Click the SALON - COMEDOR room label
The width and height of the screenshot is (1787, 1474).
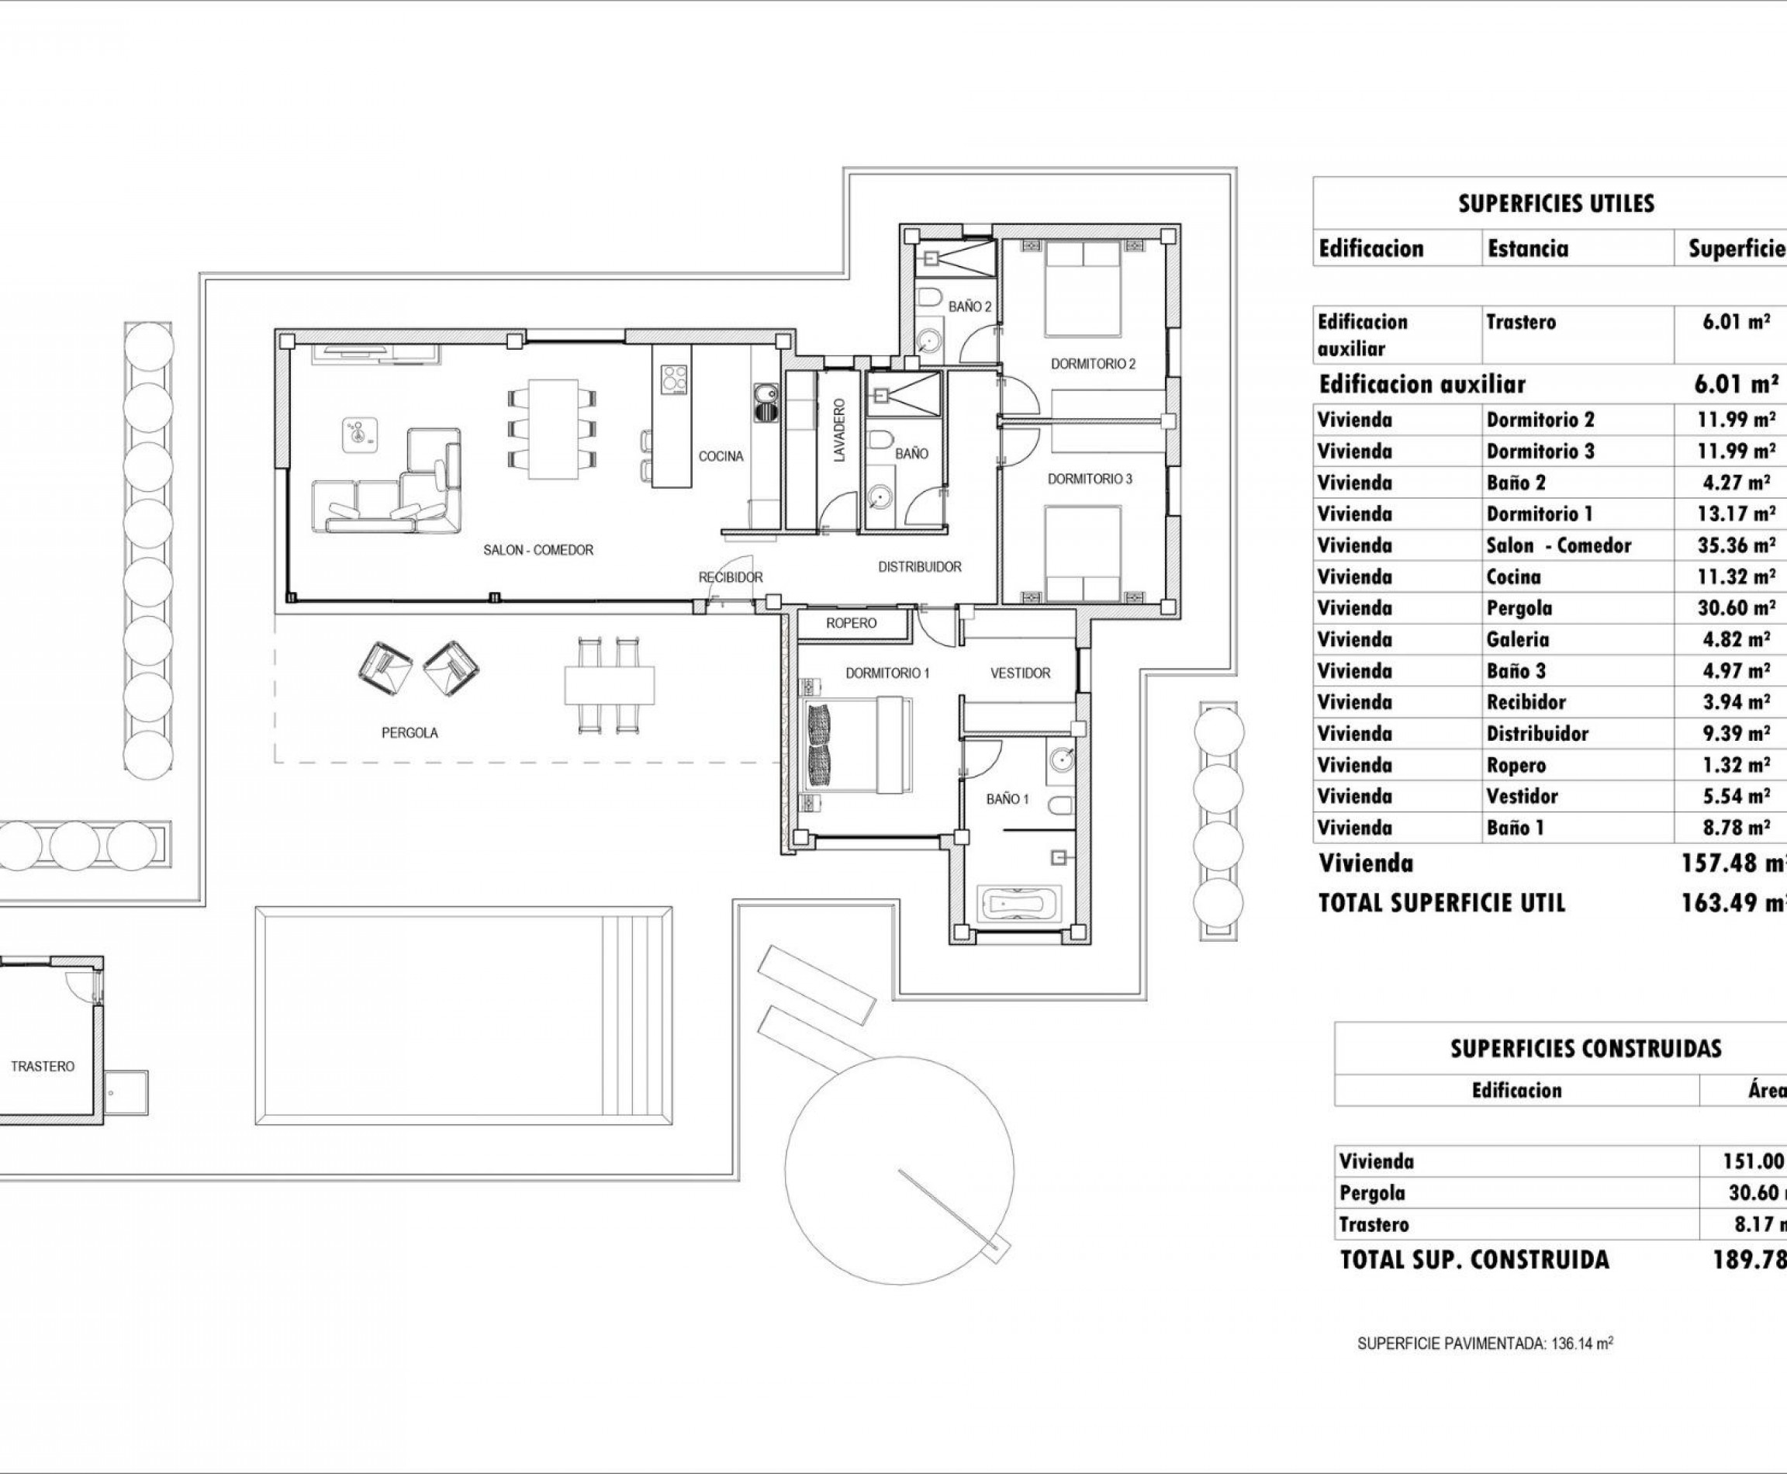tap(538, 550)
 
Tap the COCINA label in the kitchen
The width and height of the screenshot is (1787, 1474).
tap(721, 457)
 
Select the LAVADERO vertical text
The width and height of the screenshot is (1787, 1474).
tap(839, 431)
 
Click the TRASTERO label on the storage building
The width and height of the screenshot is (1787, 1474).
tap(43, 1067)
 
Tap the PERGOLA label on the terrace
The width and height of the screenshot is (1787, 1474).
tap(410, 733)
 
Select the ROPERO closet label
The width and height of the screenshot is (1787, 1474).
tap(851, 623)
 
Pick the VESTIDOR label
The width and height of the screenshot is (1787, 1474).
tap(1021, 673)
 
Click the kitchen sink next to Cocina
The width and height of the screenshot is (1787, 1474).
tap(766, 395)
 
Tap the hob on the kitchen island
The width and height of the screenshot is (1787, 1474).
tap(674, 379)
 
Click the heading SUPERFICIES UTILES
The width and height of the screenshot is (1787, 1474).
tap(1556, 204)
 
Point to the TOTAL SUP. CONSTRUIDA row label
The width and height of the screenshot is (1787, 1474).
tap(1474, 1260)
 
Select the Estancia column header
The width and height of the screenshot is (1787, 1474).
tap(1527, 249)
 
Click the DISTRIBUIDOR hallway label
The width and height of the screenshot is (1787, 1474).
tap(919, 567)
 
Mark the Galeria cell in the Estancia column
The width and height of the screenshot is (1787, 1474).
tap(1518, 639)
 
